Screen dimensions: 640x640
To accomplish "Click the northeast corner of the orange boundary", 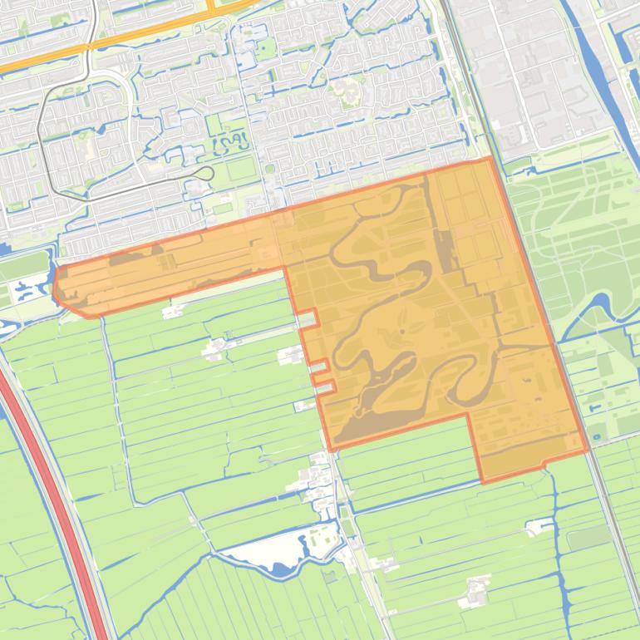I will click(491, 157).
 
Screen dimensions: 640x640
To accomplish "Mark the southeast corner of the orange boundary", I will click(588, 452).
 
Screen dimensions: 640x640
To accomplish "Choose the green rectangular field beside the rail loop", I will click(242, 169).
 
